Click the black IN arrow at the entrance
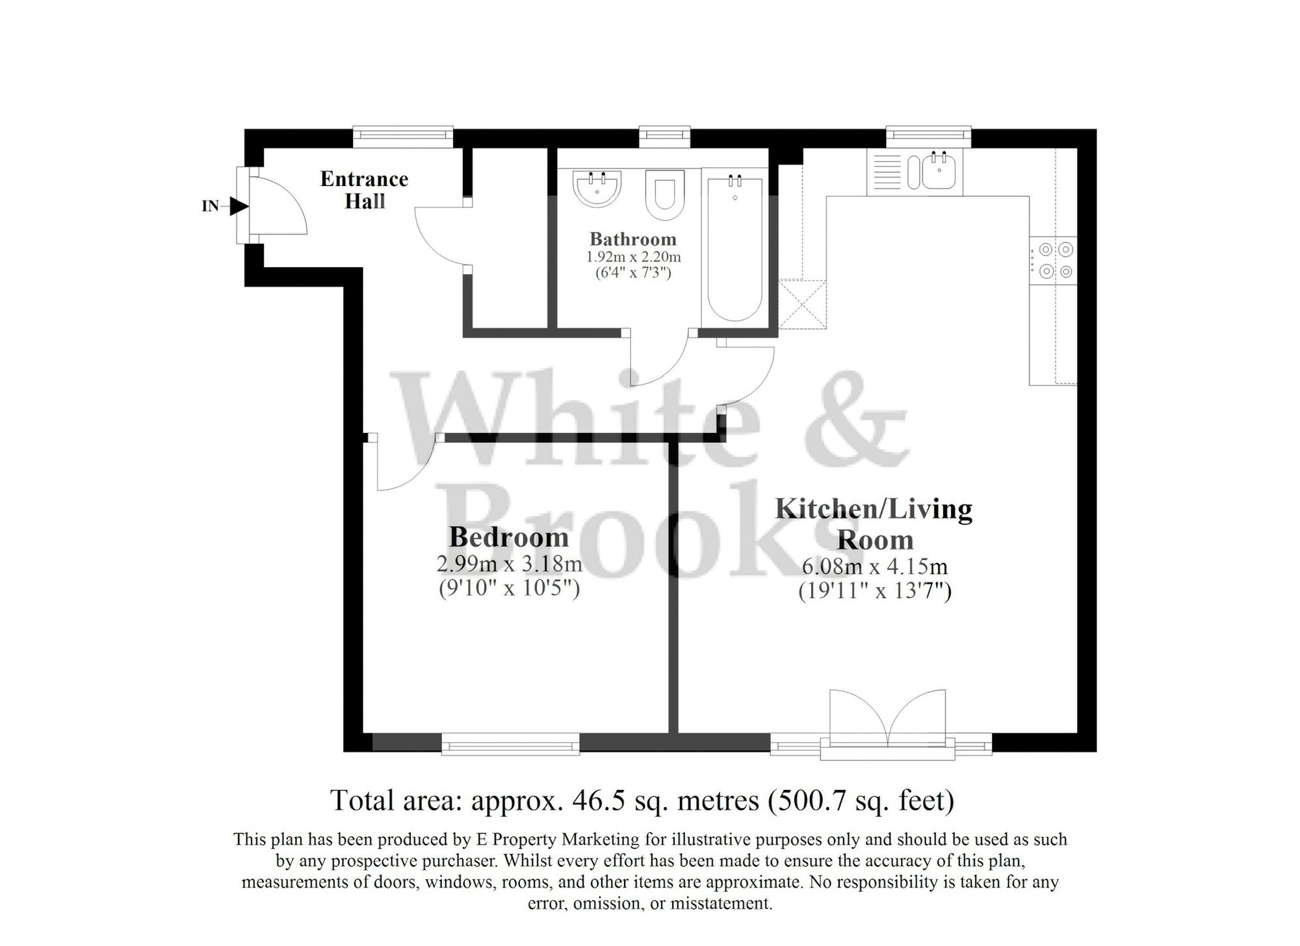239,207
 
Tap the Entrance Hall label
364,190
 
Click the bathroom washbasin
597,188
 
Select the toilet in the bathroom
665,194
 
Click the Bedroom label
508,537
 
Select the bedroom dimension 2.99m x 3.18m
509,564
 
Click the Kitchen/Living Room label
874,524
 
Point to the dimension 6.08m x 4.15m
874,566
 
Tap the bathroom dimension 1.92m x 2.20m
633,257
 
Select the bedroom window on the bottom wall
510,743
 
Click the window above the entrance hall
402,135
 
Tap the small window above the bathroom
664,135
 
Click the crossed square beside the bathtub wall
802,304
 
